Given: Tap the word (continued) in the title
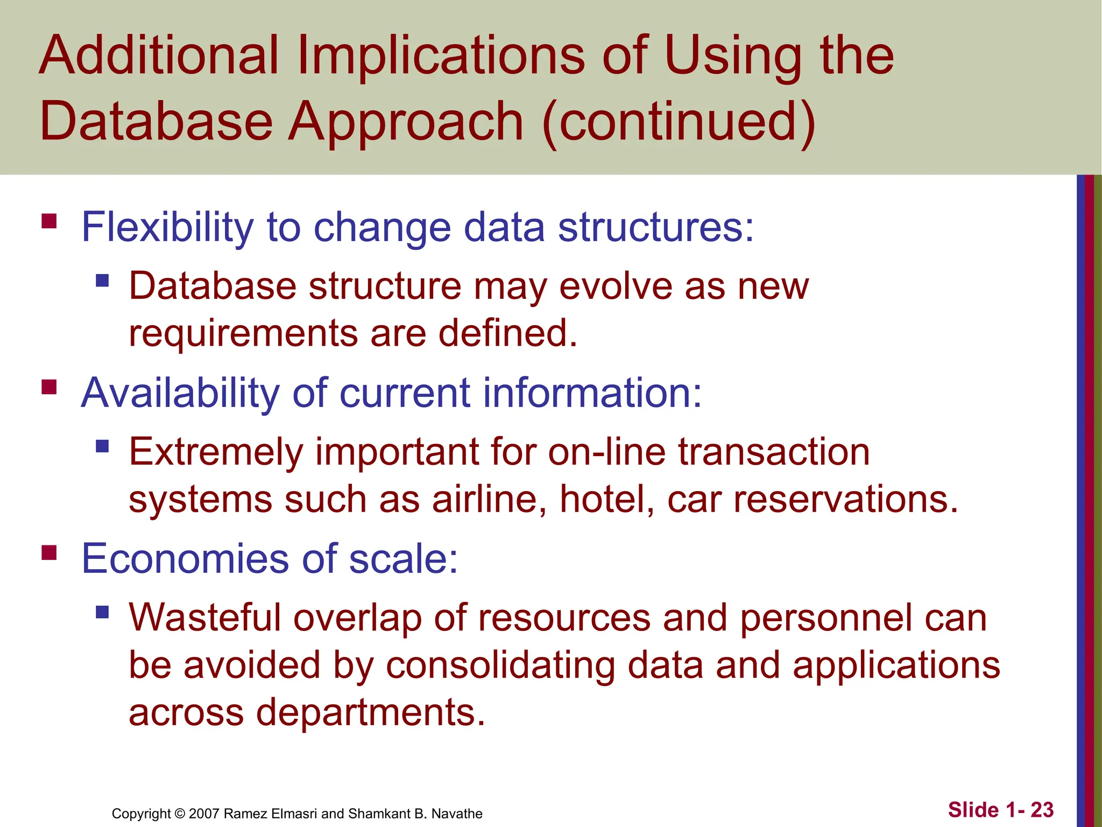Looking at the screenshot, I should [679, 122].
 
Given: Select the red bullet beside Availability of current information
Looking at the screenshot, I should [49, 387].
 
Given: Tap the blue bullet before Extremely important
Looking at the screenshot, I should [102, 446].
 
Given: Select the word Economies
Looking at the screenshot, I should [185, 559].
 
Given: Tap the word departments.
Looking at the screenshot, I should [370, 712].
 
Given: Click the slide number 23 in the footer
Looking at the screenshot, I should [1042, 810].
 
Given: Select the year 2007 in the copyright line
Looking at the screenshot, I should [204, 814].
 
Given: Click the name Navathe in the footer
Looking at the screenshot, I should [457, 814].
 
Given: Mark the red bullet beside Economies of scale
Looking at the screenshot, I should [49, 552].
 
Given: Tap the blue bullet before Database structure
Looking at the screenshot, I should [102, 281].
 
